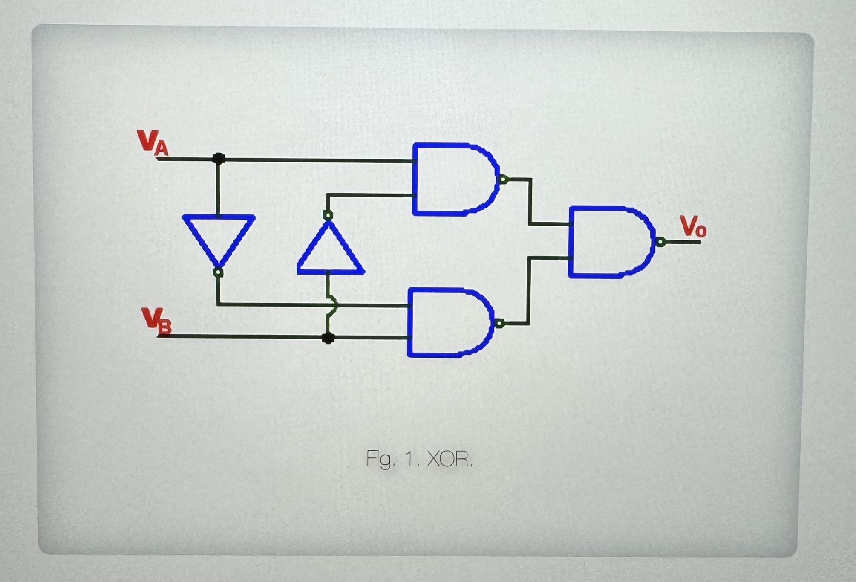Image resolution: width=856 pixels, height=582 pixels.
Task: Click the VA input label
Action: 152,142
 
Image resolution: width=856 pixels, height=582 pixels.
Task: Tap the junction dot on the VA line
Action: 219,159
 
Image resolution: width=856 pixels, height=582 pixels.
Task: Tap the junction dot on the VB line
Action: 328,338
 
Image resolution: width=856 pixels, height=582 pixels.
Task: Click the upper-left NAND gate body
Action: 452,179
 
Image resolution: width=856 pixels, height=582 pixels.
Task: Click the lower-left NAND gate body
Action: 447,323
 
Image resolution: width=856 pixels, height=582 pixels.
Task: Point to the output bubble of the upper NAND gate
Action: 503,180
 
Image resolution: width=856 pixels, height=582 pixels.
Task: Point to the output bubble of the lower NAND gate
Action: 499,324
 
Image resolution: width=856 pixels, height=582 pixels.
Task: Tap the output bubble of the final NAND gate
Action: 660,242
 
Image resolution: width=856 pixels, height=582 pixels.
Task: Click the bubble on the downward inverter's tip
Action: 218,272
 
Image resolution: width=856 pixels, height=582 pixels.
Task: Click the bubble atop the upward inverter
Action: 328,215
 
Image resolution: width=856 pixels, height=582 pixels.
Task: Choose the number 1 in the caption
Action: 409,459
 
